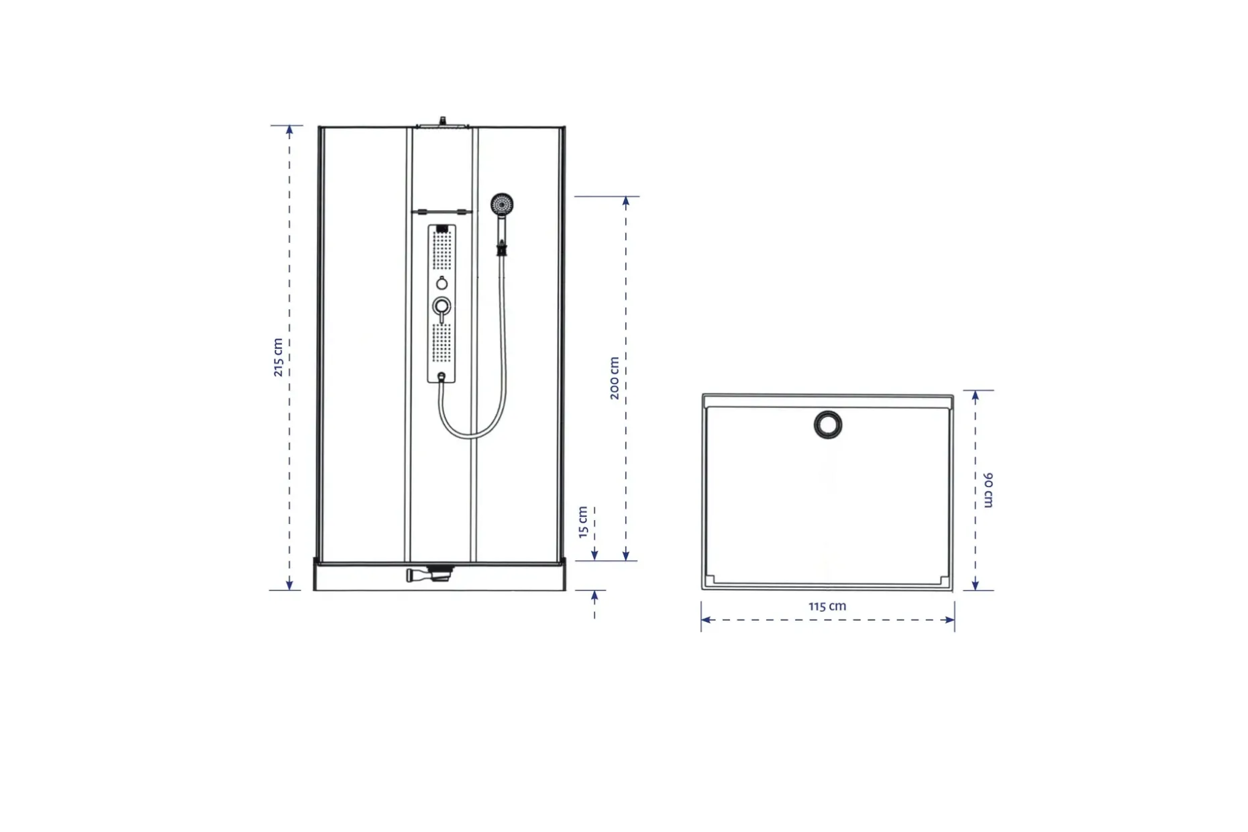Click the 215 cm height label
278,358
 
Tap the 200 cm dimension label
614,378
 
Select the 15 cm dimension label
582,522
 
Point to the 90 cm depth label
988,490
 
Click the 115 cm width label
827,606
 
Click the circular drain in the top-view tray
828,425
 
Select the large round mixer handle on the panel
441,307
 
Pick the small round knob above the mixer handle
441,283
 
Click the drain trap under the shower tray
430,574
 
